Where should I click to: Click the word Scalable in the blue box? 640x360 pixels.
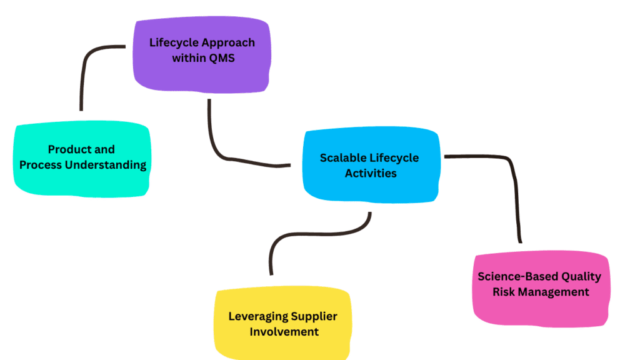click(342, 157)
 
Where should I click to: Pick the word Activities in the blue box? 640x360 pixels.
click(371, 173)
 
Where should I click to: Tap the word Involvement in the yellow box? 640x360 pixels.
click(284, 331)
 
